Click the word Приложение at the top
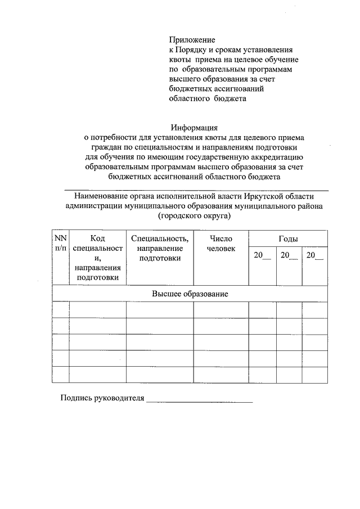click(x=192, y=40)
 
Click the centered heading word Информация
click(x=194, y=127)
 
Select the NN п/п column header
click(x=60, y=244)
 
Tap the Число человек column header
click(x=220, y=244)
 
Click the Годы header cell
click(x=288, y=239)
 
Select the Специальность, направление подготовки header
click(x=159, y=249)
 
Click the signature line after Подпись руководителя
click(x=199, y=400)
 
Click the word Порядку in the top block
click(x=194, y=49)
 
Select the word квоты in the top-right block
click(x=179, y=59)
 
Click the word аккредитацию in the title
click(x=280, y=157)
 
